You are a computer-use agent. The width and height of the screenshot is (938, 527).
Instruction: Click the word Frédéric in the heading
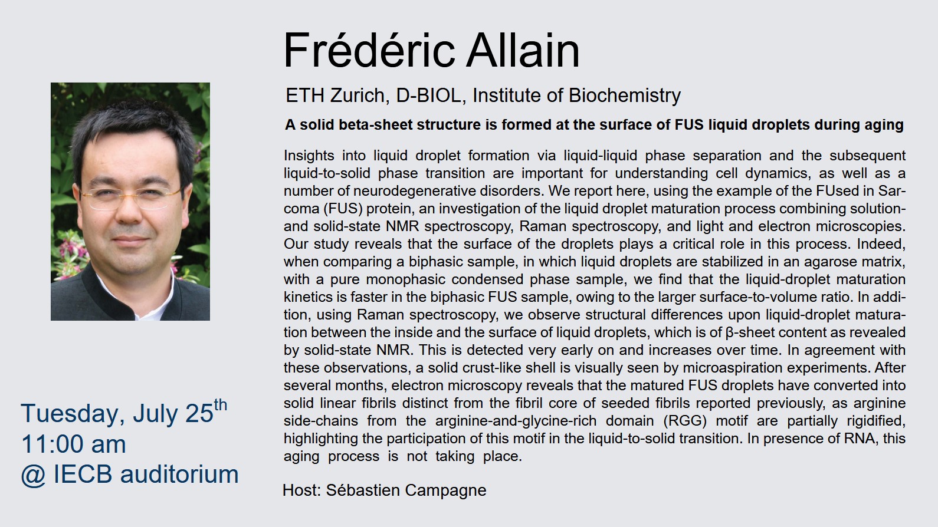pyautogui.click(x=369, y=50)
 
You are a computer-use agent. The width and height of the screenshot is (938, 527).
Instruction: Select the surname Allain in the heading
pyautogui.click(x=523, y=50)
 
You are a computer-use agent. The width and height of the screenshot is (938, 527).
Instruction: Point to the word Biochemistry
pyautogui.click(x=624, y=96)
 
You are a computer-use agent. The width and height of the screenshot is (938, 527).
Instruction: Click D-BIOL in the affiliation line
pyautogui.click(x=431, y=95)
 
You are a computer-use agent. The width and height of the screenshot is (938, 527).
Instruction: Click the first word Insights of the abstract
pyautogui.click(x=309, y=156)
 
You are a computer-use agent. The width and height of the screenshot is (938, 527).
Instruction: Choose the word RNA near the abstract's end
pyautogui.click(x=862, y=438)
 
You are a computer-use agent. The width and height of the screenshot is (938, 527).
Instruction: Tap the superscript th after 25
pyautogui.click(x=220, y=405)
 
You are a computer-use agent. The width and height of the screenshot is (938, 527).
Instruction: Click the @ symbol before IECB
pyautogui.click(x=34, y=475)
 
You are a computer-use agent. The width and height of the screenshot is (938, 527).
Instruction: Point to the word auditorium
pyautogui.click(x=179, y=475)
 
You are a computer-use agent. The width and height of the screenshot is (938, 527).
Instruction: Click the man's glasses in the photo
pyautogui.click(x=130, y=197)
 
